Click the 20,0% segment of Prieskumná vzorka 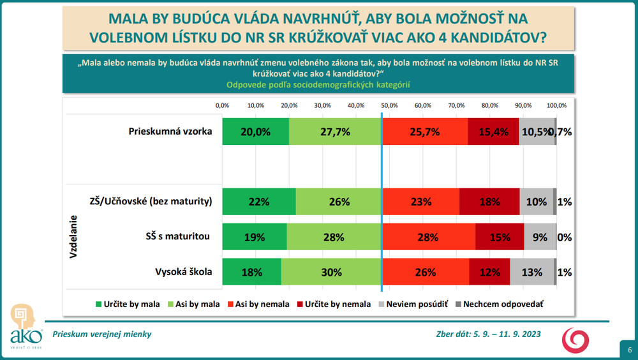[x=255, y=131]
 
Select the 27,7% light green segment [x=335, y=131]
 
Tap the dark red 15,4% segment [x=493, y=131]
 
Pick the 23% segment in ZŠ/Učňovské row [x=420, y=202]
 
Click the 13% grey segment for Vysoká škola [x=532, y=272]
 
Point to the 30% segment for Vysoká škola [x=331, y=272]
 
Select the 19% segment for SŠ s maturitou [x=254, y=237]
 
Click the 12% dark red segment [x=489, y=272]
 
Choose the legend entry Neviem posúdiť [x=412, y=304]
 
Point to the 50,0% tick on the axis [x=389, y=105]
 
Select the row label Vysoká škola [x=182, y=272]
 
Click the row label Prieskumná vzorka [x=170, y=131]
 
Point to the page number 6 [x=629, y=349]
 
